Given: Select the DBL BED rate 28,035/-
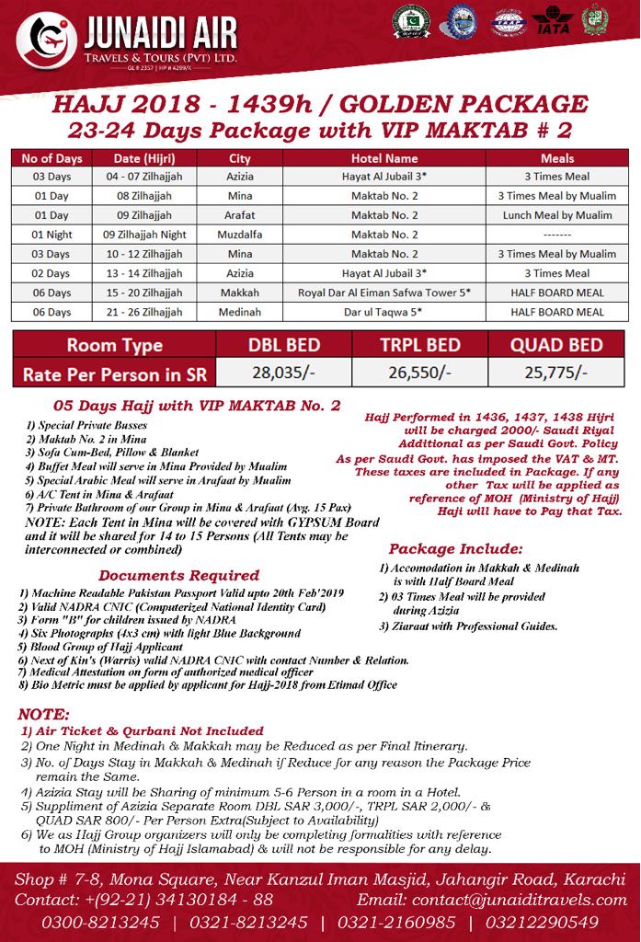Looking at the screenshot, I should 284,373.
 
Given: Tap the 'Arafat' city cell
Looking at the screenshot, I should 240,215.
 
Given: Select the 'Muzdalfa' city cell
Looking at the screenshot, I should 240,235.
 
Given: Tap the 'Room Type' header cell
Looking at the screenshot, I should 116,346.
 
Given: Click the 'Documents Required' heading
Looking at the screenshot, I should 179,575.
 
